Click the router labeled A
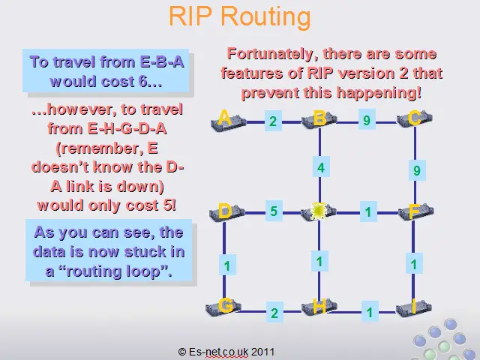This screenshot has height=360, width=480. coord(228,121)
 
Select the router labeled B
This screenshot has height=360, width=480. coord(319,120)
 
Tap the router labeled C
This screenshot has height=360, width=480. coord(415,119)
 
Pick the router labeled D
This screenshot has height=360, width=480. coord(227,211)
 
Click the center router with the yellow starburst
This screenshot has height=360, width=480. coord(319,211)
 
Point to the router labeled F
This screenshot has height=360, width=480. coord(416,211)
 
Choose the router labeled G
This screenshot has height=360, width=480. coord(223,307)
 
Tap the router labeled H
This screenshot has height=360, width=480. coord(319,307)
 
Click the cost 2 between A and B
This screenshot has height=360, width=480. coord(273,121)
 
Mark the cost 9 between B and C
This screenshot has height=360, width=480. coord(367,120)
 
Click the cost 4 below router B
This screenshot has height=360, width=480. coord(321,167)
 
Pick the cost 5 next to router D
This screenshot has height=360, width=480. coord(274,211)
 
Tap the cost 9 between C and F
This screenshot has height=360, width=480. coord(417,170)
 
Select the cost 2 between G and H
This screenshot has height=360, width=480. coord(274,313)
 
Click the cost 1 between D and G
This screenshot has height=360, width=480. coord(227,265)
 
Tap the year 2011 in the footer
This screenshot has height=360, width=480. coord(263,352)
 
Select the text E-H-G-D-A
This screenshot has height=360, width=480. coord(127,129)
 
